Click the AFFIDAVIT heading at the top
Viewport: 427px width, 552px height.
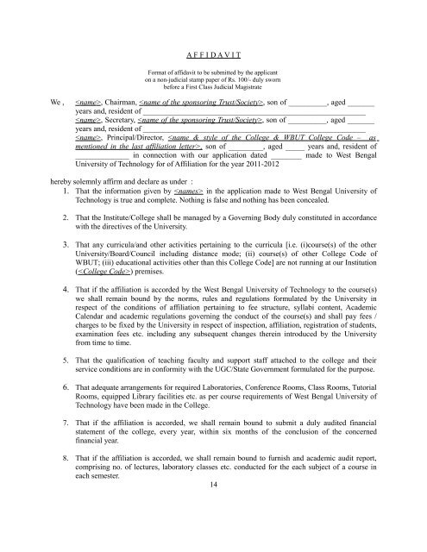tap(213, 51)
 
